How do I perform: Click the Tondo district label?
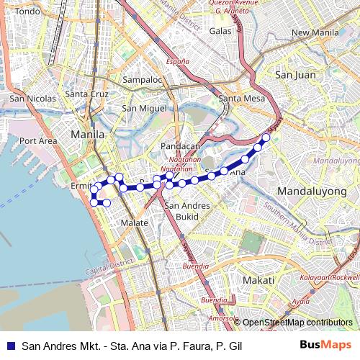pyautogui.click(x=28, y=12)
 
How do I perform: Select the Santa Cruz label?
pyautogui.click(x=86, y=94)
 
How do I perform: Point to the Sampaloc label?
pyautogui.click(x=141, y=79)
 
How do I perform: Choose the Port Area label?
pyautogui.click(x=38, y=140)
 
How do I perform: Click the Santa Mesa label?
pyautogui.click(x=238, y=99)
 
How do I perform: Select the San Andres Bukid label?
pyautogui.click(x=187, y=210)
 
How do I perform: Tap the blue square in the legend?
pyautogui.click(x=9, y=346)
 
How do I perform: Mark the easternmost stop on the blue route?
pyautogui.click(x=266, y=137)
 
